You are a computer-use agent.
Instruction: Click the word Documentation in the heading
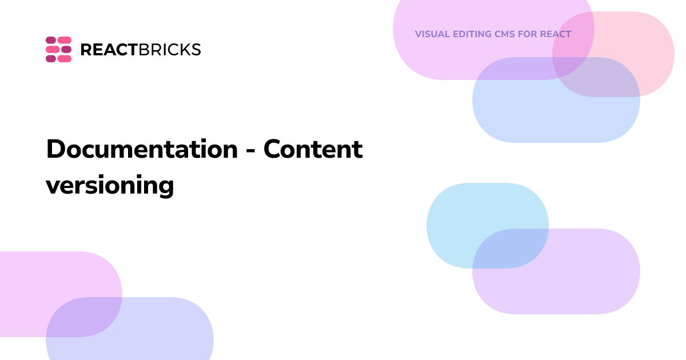coord(142,150)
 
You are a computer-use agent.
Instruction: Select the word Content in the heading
coord(313,150)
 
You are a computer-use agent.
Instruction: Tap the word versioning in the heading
coord(110,185)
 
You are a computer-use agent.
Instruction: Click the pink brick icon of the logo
coord(58,49)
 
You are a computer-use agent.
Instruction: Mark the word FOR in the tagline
coord(528,34)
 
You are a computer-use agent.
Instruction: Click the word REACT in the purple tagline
coord(556,34)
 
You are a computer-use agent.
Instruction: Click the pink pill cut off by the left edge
coord(34,280)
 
